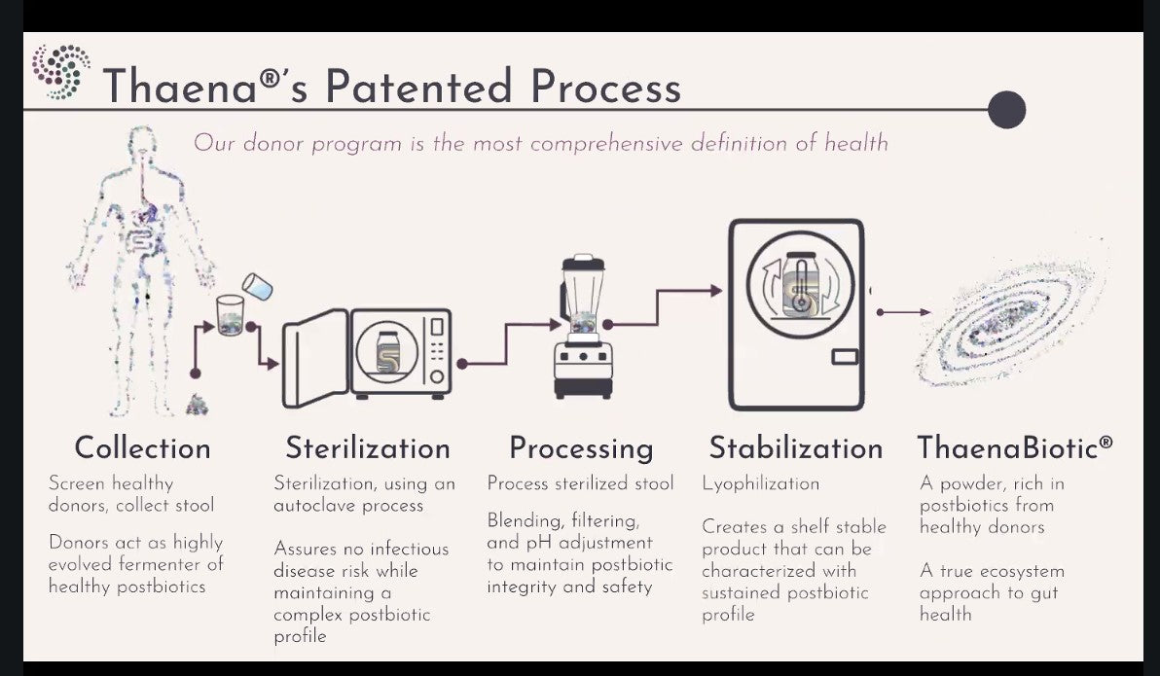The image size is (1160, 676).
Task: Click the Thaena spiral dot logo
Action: click(61, 72)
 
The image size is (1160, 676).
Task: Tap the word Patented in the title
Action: click(418, 87)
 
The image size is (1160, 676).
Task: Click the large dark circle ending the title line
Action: click(1007, 110)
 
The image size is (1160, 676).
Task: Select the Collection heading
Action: click(143, 448)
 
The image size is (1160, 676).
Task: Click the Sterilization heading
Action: click(368, 448)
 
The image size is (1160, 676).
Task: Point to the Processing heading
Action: click(582, 449)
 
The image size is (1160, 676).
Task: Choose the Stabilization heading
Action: click(796, 448)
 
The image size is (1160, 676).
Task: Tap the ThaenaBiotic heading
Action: click(1015, 448)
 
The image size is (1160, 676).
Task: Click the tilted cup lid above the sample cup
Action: click(258, 286)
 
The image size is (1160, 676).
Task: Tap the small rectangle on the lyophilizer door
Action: click(844, 357)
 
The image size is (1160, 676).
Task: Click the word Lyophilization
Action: click(760, 484)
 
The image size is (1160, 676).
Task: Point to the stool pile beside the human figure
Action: click(197, 405)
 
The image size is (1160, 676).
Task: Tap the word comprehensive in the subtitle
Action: click(606, 144)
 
